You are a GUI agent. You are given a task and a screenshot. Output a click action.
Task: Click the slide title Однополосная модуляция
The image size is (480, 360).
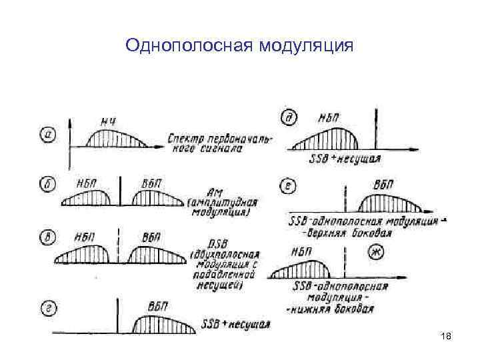pyautogui.click(x=239, y=46)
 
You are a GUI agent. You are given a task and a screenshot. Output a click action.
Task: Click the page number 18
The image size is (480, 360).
pyautogui.click(x=446, y=339)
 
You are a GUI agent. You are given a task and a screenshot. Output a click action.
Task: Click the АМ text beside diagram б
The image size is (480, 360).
pyautogui.click(x=217, y=191)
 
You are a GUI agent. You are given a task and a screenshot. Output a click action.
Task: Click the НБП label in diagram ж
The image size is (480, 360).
pyautogui.click(x=304, y=252)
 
